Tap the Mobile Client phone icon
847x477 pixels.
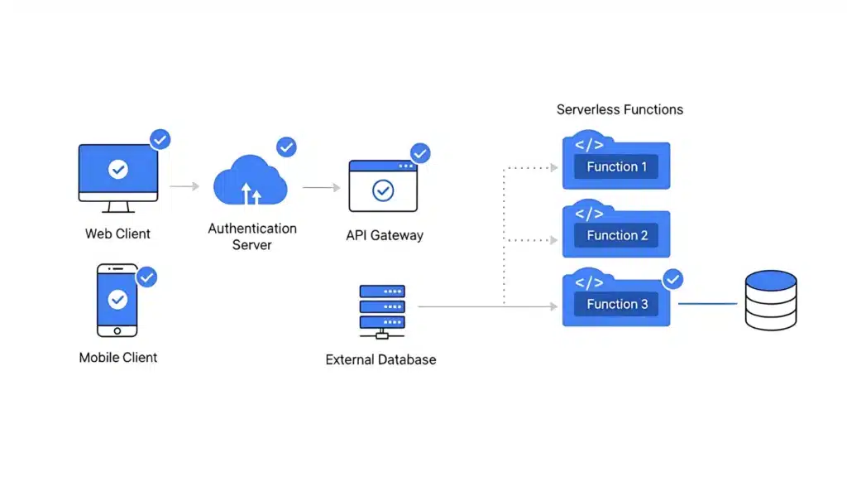click(117, 301)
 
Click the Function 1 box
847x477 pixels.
click(616, 166)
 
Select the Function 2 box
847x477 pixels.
click(616, 234)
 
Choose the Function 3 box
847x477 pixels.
click(616, 303)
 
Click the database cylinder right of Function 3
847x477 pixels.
click(770, 300)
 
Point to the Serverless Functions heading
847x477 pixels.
click(620, 109)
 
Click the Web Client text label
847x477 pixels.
click(117, 234)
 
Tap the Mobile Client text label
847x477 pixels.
click(117, 358)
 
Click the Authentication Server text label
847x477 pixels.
click(251, 237)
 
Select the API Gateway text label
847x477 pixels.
click(384, 235)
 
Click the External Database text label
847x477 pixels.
click(380, 359)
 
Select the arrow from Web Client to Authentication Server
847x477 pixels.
click(184, 187)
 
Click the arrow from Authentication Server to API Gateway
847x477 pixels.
click(321, 188)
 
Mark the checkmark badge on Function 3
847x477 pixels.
click(673, 279)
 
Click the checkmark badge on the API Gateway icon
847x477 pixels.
click(420, 153)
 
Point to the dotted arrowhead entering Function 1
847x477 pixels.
click(553, 167)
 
